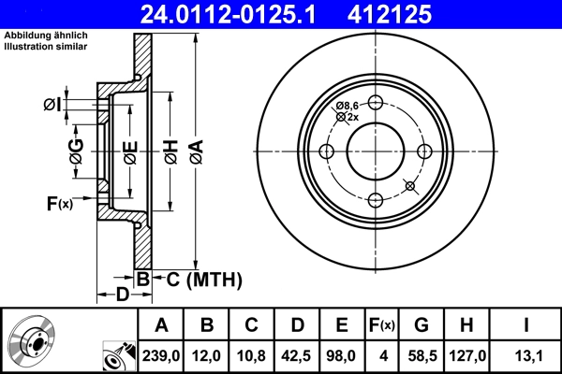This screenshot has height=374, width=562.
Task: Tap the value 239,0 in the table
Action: coord(161,355)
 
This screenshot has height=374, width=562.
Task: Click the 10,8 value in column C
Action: coord(252,355)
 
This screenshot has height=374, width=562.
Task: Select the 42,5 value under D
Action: coord(297,355)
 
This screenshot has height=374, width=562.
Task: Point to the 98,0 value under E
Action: coord(342,355)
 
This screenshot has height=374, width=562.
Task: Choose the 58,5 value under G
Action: coord(421,355)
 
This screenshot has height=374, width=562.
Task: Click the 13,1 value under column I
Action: coord(526,355)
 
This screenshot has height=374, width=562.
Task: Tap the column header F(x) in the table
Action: coord(381,324)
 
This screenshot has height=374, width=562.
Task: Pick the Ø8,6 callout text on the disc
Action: coord(348,106)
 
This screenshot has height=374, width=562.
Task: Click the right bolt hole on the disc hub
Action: coord(423,152)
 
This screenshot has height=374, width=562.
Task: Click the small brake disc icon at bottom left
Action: coord(29,342)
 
